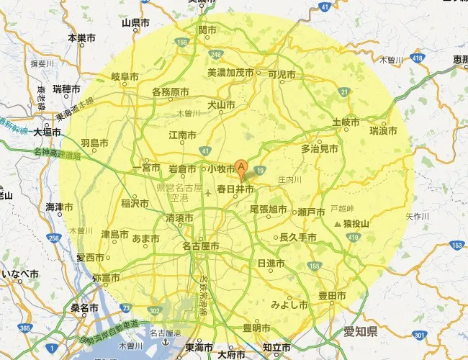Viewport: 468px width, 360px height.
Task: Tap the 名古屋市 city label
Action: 200,246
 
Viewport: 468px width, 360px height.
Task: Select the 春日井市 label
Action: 235,189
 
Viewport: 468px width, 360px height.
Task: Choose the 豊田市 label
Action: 333,296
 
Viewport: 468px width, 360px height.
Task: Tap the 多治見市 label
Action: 319,149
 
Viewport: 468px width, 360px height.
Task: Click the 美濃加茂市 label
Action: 230,73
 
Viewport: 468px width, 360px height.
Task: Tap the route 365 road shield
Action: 25,328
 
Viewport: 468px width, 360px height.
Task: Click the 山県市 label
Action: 135,22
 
